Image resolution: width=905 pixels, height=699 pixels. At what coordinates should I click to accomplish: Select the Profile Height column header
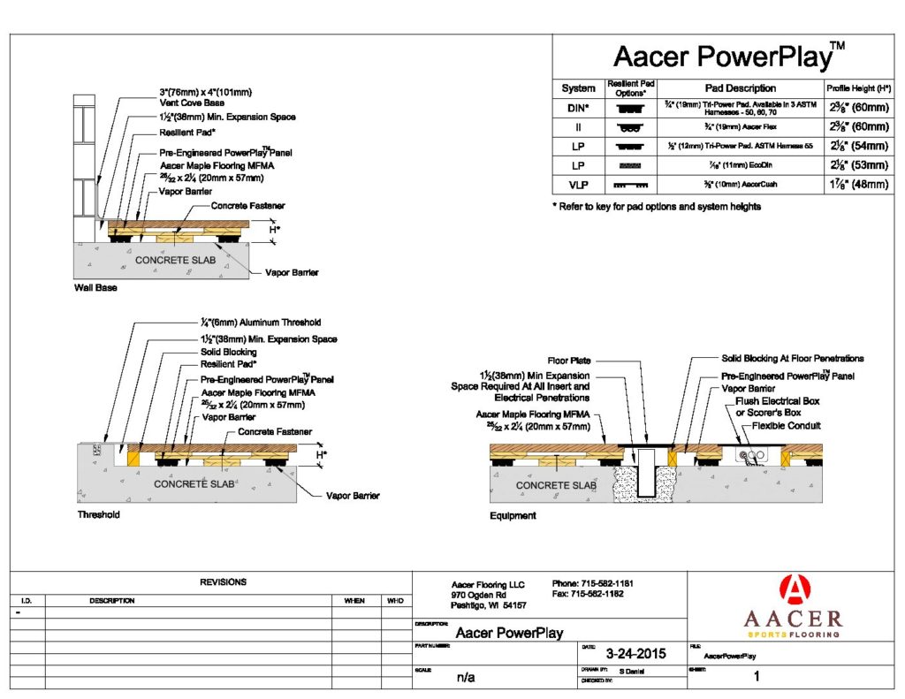856,88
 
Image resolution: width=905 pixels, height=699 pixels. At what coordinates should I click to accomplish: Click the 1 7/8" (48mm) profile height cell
856,185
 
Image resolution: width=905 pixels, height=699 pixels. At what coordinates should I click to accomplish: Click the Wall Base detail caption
95,288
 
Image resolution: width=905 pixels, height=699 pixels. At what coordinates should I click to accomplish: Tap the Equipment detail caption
513,515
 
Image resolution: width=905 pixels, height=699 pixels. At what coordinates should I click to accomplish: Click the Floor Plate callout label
568,361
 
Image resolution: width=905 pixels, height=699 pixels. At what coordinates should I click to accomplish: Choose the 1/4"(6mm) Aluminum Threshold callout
261,323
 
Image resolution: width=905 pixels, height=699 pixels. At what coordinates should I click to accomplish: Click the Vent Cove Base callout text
192,103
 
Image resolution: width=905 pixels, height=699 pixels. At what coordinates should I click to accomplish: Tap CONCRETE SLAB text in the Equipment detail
556,485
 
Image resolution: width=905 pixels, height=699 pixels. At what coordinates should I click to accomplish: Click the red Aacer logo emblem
793,591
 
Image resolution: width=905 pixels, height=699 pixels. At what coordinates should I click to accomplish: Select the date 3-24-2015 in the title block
635,655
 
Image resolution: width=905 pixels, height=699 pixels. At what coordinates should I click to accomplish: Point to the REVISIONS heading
223,582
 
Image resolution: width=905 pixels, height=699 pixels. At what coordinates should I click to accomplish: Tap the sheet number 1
756,678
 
